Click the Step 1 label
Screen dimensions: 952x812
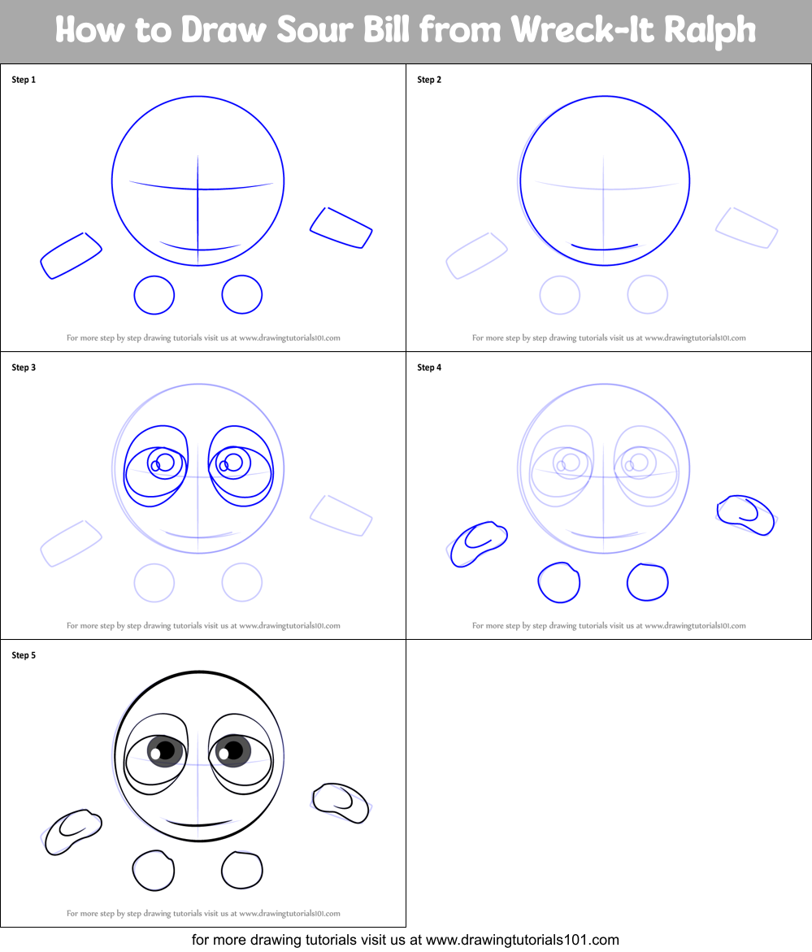pyautogui.click(x=24, y=80)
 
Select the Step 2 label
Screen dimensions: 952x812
pyautogui.click(x=429, y=80)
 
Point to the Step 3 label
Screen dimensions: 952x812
pyautogui.click(x=24, y=367)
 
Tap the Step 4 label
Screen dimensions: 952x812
pyautogui.click(x=429, y=367)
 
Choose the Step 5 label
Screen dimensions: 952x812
pyautogui.click(x=24, y=655)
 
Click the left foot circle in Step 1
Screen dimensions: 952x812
pyautogui.click(x=154, y=294)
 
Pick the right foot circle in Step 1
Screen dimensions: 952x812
pyautogui.click(x=242, y=294)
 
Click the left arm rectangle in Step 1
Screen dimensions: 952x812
pyautogui.click(x=71, y=255)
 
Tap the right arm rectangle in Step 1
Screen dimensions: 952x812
pyautogui.click(x=341, y=228)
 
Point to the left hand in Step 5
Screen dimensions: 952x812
pyautogui.click(x=72, y=831)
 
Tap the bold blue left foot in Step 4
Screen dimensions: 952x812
pyautogui.click(x=559, y=582)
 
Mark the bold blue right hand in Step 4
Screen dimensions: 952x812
pyautogui.click(x=745, y=515)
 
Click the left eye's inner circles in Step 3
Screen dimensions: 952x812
pyautogui.click(x=162, y=463)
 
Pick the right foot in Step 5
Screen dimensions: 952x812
pyautogui.click(x=242, y=870)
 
